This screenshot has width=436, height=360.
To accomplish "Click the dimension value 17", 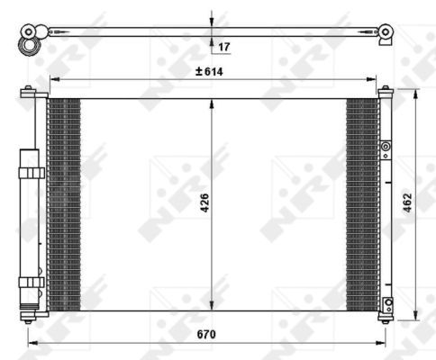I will coord(224,45).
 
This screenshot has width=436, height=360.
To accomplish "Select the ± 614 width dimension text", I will coord(211,70).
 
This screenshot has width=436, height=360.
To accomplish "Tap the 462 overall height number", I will coord(407,204).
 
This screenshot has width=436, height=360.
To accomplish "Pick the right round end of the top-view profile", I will coord(386,32).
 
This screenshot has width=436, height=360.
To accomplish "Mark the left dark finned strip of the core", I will coord(63,203).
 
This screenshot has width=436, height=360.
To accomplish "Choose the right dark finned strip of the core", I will coord(362,203).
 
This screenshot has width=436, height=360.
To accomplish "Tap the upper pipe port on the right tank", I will coord(386,146).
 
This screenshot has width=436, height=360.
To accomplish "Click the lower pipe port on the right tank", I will coord(387,303).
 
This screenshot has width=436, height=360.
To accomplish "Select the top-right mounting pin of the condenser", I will coord(386,89).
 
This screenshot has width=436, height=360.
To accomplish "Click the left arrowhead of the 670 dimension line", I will coord(32,342).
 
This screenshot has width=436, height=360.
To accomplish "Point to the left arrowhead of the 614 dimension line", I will coord(52,79).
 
